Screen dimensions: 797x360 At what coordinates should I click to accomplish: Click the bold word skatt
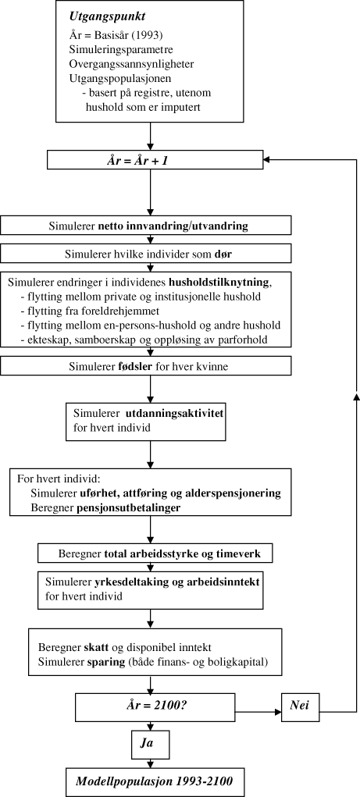pos(102,649)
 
